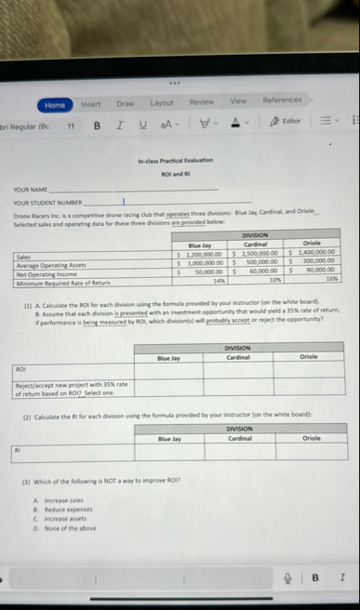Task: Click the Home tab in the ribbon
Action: [56, 105]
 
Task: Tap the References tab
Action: [283, 99]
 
